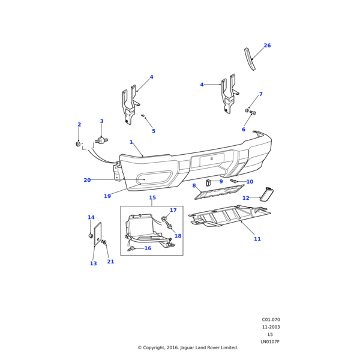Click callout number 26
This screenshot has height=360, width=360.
267,46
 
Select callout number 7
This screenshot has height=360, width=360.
260,94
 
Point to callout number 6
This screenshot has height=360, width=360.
243,130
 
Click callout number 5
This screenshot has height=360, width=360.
153,131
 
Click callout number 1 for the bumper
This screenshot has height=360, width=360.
131,142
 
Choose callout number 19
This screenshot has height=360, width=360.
107,196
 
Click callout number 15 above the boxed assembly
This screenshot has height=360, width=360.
152,197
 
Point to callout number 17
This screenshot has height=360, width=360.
173,211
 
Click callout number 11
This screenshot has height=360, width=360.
257,239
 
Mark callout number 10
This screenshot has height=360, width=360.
250,182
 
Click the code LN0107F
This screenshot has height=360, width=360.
270,342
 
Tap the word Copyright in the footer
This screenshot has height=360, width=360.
157,347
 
